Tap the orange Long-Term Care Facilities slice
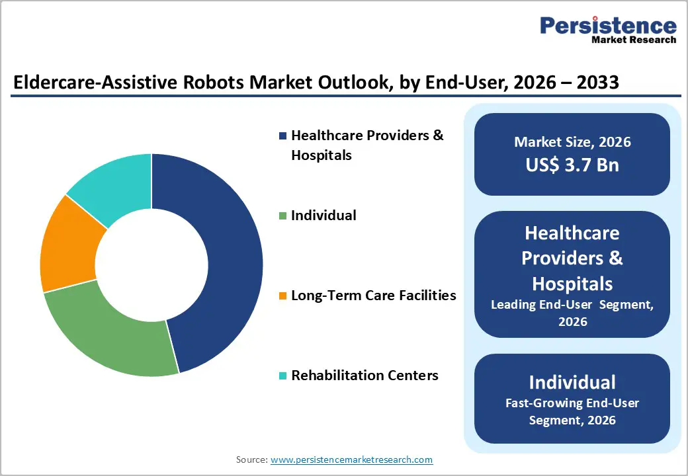[69, 245]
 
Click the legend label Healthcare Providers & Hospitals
[367, 145]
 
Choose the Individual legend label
[323, 216]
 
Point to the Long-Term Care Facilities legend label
[374, 296]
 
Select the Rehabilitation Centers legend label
[365, 376]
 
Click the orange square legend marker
[283, 296]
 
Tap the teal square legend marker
[283, 376]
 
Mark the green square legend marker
[283, 216]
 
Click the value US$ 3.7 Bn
[572, 165]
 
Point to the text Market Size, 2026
[572, 142]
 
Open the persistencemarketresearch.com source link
[351, 459]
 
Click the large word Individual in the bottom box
[572, 382]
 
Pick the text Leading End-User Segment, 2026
[572, 313]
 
